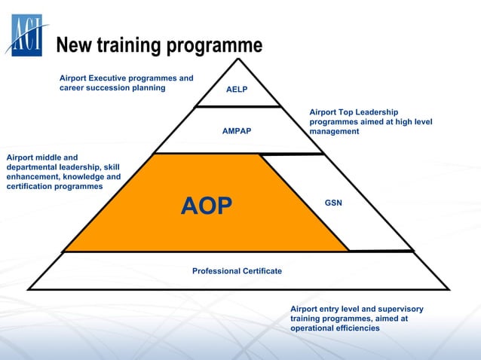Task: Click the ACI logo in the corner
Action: (27, 34)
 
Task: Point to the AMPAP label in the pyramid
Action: (237, 131)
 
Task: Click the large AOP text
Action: (207, 206)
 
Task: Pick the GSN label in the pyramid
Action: (333, 203)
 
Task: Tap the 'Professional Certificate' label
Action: (237, 271)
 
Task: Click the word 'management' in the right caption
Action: (334, 132)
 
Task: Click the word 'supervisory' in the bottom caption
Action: (400, 310)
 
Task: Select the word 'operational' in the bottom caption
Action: (313, 329)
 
